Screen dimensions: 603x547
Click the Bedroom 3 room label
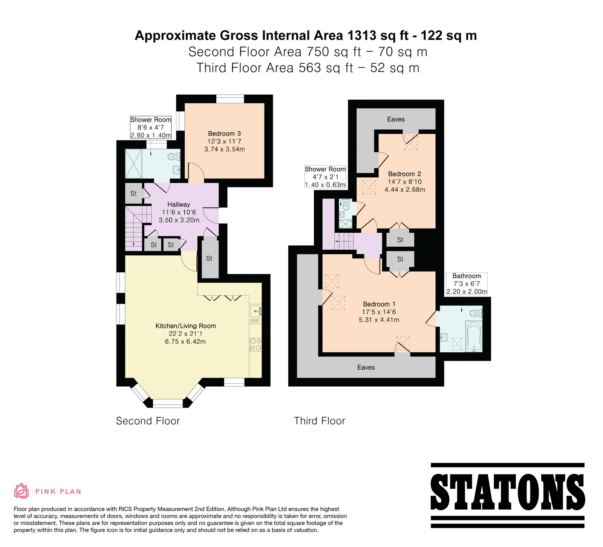coord(224,134)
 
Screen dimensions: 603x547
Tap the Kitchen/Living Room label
coord(186,326)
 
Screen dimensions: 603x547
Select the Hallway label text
coord(179,204)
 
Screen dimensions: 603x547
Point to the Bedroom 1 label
coord(379,304)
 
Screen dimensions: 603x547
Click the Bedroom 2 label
coord(405,174)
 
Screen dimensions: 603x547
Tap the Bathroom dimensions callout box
coord(467,284)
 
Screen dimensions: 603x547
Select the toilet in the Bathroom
coord(476,313)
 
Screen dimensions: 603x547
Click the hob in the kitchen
coord(255,344)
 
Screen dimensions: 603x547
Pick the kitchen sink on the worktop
coord(256,311)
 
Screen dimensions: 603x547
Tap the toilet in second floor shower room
coord(174,156)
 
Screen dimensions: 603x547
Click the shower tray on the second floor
coord(134,163)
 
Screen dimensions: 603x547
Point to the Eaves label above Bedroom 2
coord(396,119)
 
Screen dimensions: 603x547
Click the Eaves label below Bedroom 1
coord(366,367)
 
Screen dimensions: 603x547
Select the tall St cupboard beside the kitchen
coord(210,258)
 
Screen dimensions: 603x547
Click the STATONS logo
coord(508,495)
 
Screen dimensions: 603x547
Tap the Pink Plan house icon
coord(21,491)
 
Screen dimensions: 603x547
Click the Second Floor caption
coord(148,421)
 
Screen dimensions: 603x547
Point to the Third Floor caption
coord(320,421)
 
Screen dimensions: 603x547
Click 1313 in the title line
coord(362,35)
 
